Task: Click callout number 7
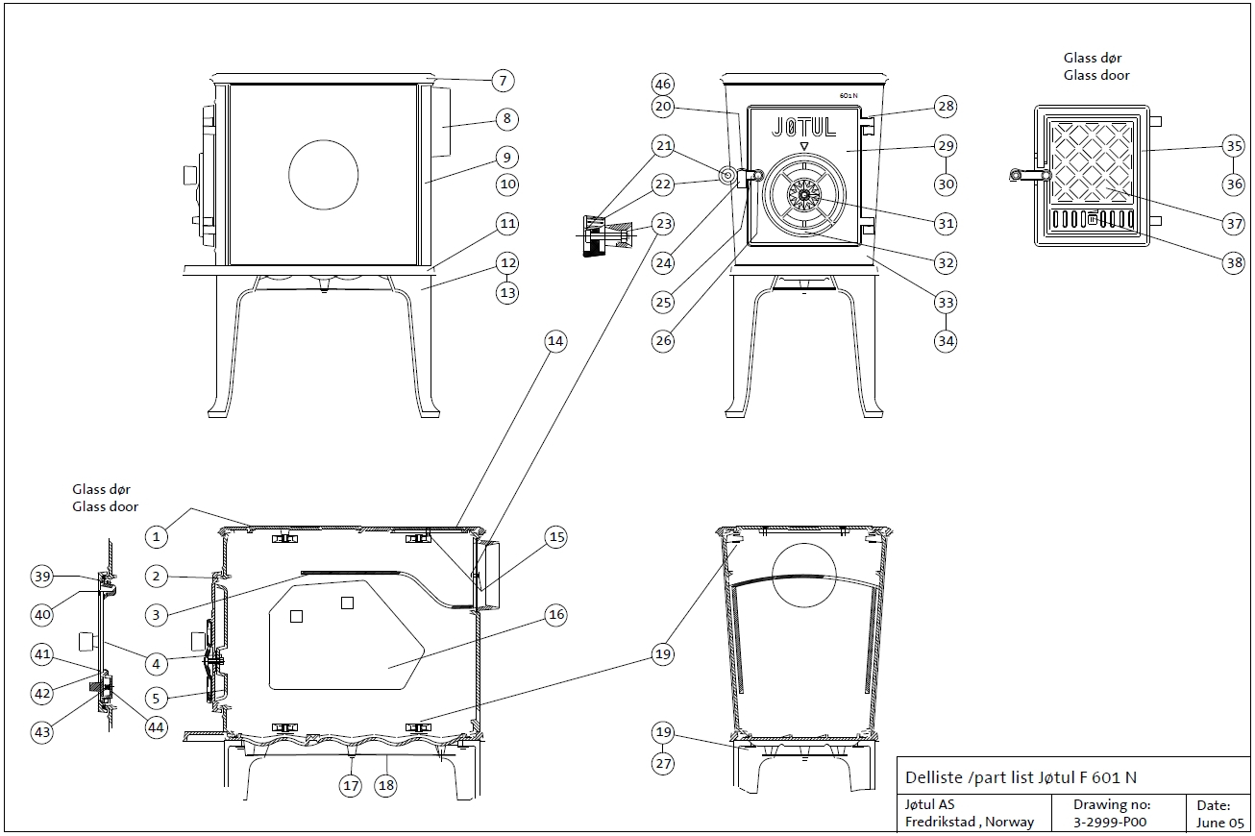point(502,81)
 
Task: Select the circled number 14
point(555,340)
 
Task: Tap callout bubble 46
point(662,84)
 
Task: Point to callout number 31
point(946,223)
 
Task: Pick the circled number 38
point(1234,263)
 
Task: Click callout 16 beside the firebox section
point(555,615)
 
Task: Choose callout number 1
point(156,535)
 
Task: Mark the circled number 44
point(156,727)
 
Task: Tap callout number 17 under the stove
point(352,785)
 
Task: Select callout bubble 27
point(662,764)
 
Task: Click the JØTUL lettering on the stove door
point(804,126)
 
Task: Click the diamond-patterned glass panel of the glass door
point(1094,160)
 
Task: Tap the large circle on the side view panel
point(324,174)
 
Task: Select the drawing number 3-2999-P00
point(1110,822)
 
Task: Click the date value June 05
point(1219,822)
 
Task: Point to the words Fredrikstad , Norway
point(970,822)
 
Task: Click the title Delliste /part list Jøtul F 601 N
point(1021,777)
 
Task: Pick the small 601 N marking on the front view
point(848,96)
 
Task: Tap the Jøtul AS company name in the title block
point(929,804)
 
